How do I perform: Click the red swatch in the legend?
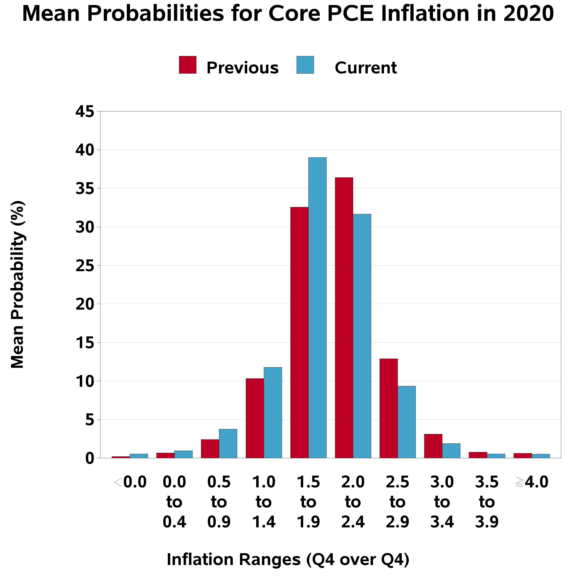pyautogui.click(x=188, y=65)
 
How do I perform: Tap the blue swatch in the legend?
pyautogui.click(x=305, y=65)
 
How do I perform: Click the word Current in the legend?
pyautogui.click(x=366, y=68)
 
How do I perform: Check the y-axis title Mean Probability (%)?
pyautogui.click(x=17, y=285)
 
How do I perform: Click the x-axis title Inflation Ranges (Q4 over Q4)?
pyautogui.click(x=288, y=559)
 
